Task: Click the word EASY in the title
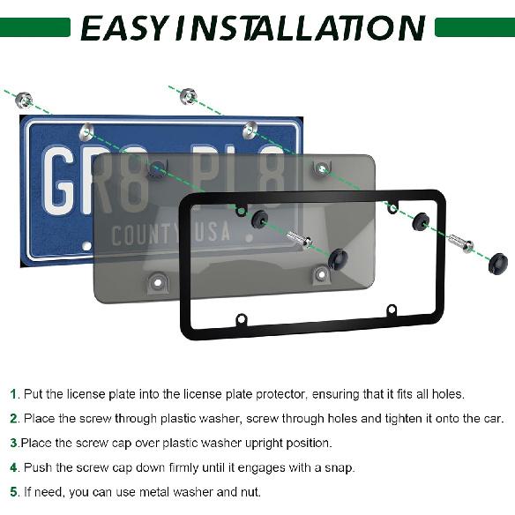[123, 27]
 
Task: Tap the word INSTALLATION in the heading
[300, 27]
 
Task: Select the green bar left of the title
[35, 28]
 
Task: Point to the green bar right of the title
[474, 28]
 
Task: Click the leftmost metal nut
[25, 100]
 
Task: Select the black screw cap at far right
[497, 261]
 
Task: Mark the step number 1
[13, 394]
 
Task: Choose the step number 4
[13, 467]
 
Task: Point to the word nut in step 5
[249, 492]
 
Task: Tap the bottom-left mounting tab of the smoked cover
[159, 282]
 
